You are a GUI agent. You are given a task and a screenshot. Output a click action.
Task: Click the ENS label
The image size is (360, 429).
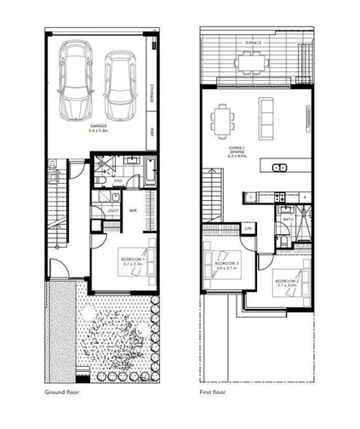[118, 180]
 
